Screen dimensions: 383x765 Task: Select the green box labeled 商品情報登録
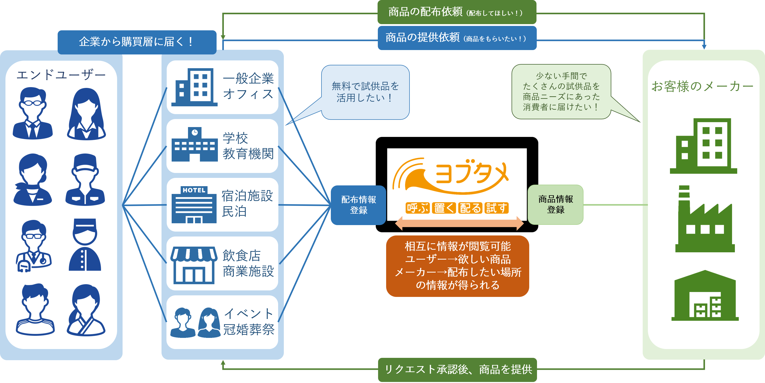(x=555, y=204)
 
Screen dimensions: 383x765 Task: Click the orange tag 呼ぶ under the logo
(x=417, y=208)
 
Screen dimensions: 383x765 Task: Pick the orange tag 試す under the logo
(x=496, y=208)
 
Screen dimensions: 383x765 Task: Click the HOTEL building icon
(x=194, y=205)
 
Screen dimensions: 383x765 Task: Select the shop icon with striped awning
(x=194, y=265)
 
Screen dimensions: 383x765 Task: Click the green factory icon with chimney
(x=705, y=220)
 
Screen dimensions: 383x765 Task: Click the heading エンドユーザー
(x=61, y=75)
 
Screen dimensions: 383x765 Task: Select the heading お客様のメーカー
(x=702, y=86)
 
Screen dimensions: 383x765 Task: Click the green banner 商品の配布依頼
(x=457, y=12)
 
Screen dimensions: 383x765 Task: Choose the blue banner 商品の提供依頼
(x=457, y=38)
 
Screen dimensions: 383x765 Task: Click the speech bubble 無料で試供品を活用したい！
(x=365, y=92)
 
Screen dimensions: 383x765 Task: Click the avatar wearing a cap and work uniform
(x=85, y=180)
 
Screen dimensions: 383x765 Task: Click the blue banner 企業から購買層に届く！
(x=137, y=42)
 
